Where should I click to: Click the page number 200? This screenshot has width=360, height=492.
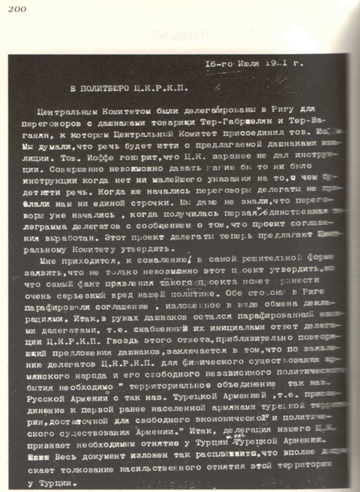[17, 8]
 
